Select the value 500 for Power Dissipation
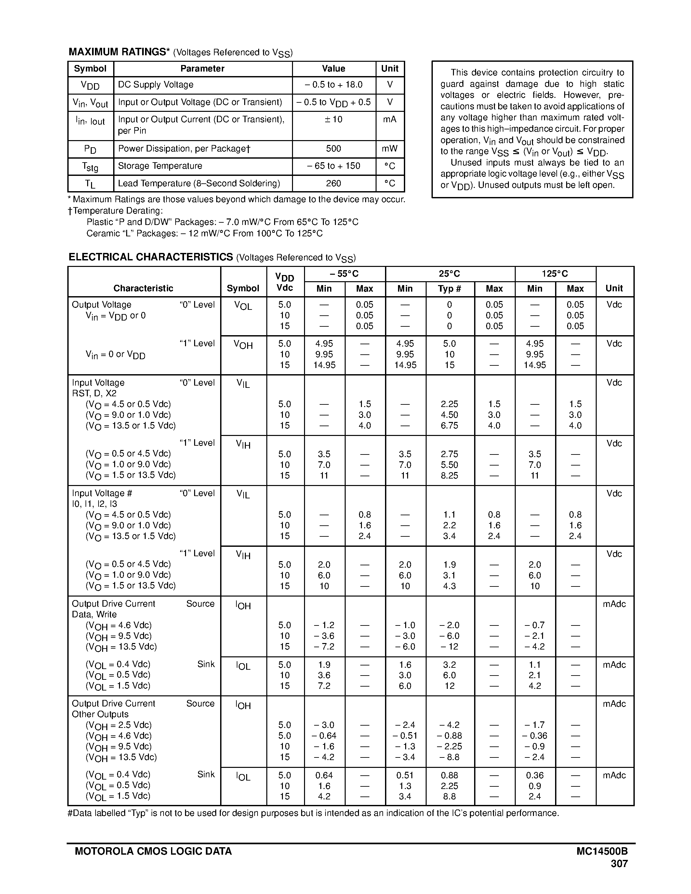click(333, 149)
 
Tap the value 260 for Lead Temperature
click(333, 183)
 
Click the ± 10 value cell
click(333, 120)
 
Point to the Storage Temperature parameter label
click(160, 166)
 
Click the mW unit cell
click(389, 149)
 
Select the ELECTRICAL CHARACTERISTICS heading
click(151, 257)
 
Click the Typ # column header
click(449, 289)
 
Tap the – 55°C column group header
click(344, 273)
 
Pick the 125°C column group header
click(555, 273)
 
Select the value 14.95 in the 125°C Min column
click(535, 365)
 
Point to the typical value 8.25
click(449, 476)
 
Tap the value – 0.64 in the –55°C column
click(324, 736)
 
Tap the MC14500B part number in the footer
click(602, 851)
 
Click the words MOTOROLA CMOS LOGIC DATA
click(153, 851)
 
